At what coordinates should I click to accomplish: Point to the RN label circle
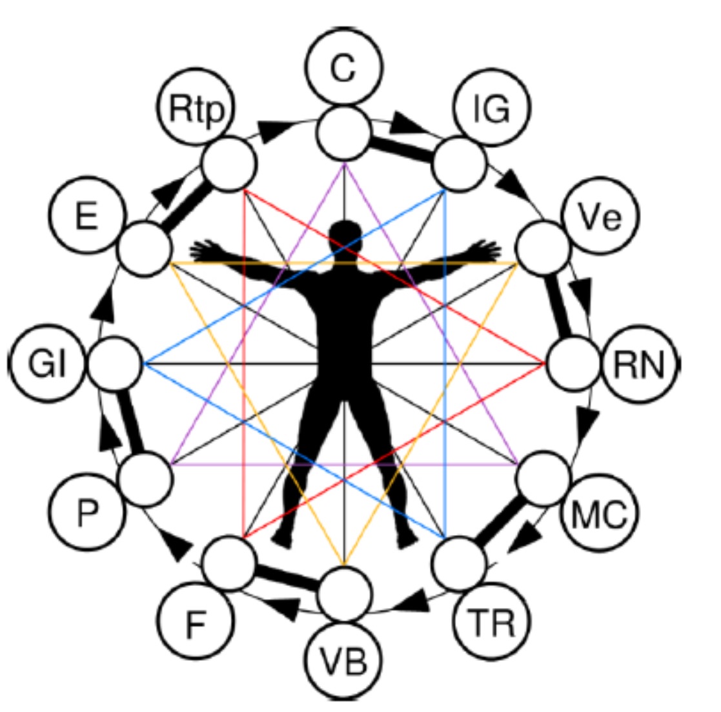click(x=640, y=365)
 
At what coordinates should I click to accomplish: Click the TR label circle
click(x=492, y=622)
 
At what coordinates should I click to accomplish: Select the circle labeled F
click(x=196, y=622)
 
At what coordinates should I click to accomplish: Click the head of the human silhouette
click(x=345, y=236)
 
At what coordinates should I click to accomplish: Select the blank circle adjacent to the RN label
click(x=573, y=364)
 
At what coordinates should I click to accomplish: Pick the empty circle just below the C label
click(x=345, y=133)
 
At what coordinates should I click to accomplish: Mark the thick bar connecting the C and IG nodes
click(x=401, y=147)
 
